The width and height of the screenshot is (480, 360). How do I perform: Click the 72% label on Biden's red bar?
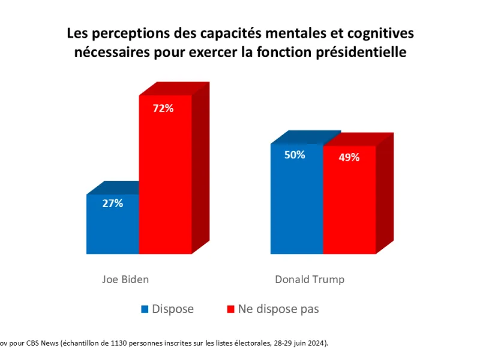point(163,109)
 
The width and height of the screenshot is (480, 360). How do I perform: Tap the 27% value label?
point(113,203)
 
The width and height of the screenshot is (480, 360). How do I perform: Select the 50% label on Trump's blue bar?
point(295,155)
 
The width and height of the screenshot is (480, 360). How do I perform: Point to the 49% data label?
point(349,157)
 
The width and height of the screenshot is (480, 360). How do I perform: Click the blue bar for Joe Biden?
point(113,224)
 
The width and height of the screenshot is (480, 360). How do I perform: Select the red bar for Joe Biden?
point(166,175)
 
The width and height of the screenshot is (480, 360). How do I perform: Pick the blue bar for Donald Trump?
point(296,199)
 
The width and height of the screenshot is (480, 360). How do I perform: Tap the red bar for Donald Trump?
point(349,200)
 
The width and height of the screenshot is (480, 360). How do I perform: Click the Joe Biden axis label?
point(125,280)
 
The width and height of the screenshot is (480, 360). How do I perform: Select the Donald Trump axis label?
point(310,280)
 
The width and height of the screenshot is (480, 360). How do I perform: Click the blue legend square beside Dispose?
point(145,309)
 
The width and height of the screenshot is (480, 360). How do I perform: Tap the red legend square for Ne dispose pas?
point(230,309)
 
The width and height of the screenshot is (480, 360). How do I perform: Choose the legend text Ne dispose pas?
point(278,309)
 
